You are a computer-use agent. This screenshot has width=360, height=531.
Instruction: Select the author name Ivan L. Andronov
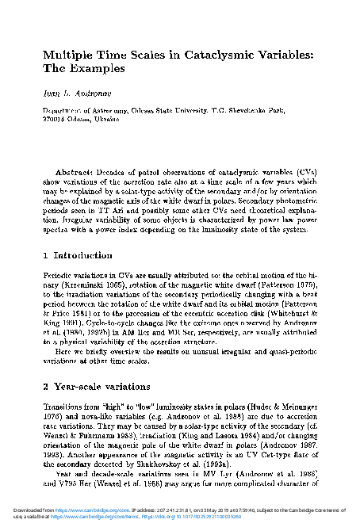click(75, 94)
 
